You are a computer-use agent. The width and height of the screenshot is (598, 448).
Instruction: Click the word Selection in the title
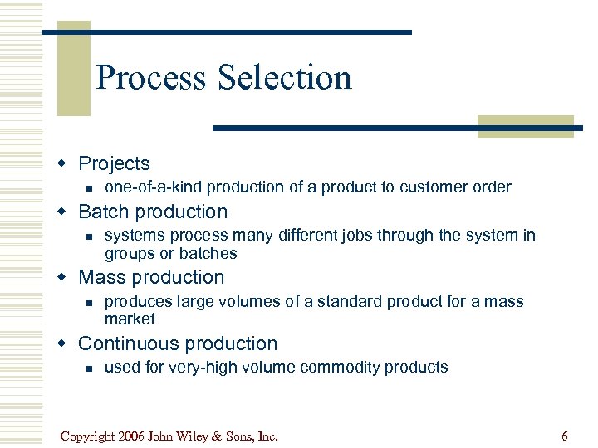click(x=285, y=78)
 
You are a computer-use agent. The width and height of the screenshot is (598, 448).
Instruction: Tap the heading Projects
click(x=114, y=163)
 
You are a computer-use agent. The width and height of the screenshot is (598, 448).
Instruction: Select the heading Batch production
click(x=152, y=212)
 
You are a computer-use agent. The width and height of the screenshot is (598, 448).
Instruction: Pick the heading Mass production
click(x=151, y=277)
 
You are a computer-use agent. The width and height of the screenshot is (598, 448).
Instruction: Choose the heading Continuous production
click(x=178, y=343)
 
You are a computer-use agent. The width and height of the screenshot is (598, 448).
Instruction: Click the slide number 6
click(x=565, y=436)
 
